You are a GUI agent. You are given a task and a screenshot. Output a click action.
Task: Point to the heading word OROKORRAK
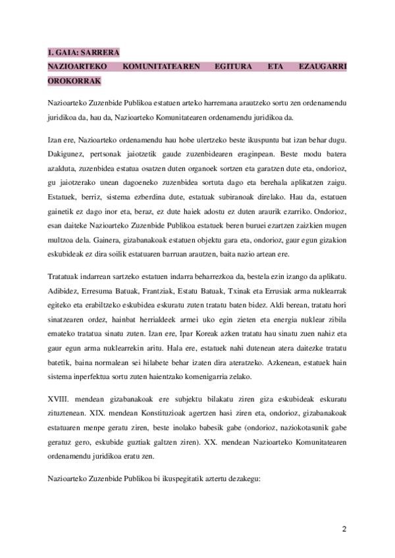coord(74,82)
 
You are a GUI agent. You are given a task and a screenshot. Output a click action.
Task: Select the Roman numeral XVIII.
coord(59,399)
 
